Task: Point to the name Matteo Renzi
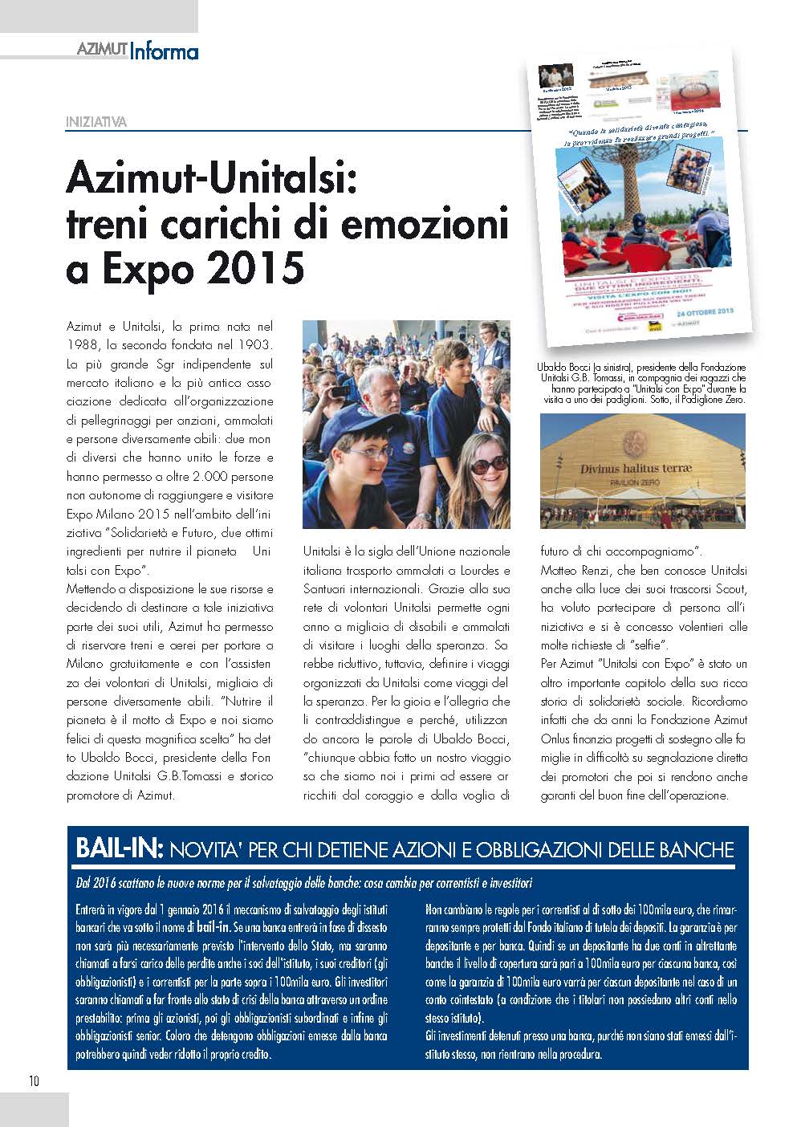[x=576, y=571]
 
